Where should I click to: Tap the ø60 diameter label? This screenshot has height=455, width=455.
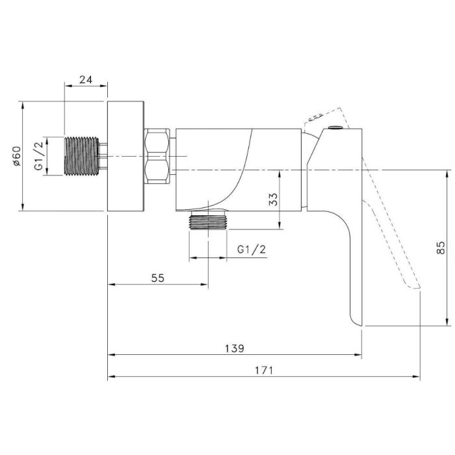16,155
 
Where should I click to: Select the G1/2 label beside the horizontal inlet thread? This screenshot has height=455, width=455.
38,155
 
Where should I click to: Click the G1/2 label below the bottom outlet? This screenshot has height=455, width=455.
252,249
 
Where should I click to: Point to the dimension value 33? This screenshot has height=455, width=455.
273,200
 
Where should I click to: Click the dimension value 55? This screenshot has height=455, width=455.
157,278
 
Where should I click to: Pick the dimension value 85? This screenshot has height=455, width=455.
440,248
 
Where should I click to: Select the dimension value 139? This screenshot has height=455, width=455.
235,348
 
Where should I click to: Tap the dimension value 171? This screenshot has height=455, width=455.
264,370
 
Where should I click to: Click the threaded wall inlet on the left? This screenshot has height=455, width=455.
81,156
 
